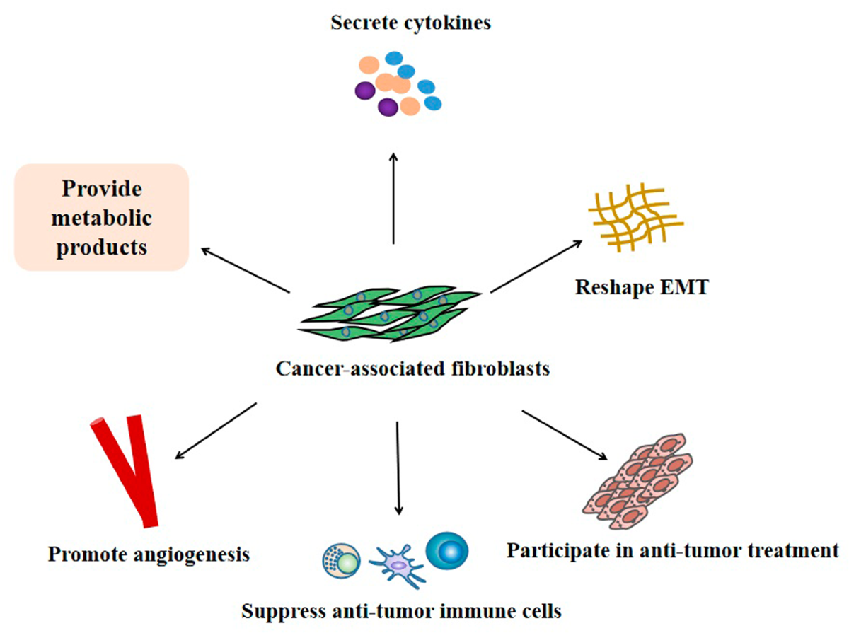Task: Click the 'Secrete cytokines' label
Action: point(411,23)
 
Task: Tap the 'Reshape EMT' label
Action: point(642,287)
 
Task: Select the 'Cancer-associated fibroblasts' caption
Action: point(412,368)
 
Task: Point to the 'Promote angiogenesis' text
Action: point(149,554)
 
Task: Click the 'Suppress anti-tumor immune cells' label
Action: point(401,611)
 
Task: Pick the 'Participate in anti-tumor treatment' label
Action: point(673,551)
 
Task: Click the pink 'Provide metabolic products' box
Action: point(101,217)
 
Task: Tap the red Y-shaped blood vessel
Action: point(125,471)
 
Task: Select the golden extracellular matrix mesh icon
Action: point(636,217)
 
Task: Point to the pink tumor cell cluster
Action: point(637,482)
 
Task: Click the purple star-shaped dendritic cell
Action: point(398,566)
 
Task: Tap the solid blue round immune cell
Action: point(446,551)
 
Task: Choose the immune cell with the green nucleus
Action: point(342,561)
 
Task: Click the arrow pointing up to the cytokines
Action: point(394,198)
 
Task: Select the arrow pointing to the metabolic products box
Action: point(246,270)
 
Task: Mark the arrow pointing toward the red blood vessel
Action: point(216,431)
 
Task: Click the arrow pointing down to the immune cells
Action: point(398,468)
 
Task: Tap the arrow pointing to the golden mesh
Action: point(536,266)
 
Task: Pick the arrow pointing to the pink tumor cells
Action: point(565,436)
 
